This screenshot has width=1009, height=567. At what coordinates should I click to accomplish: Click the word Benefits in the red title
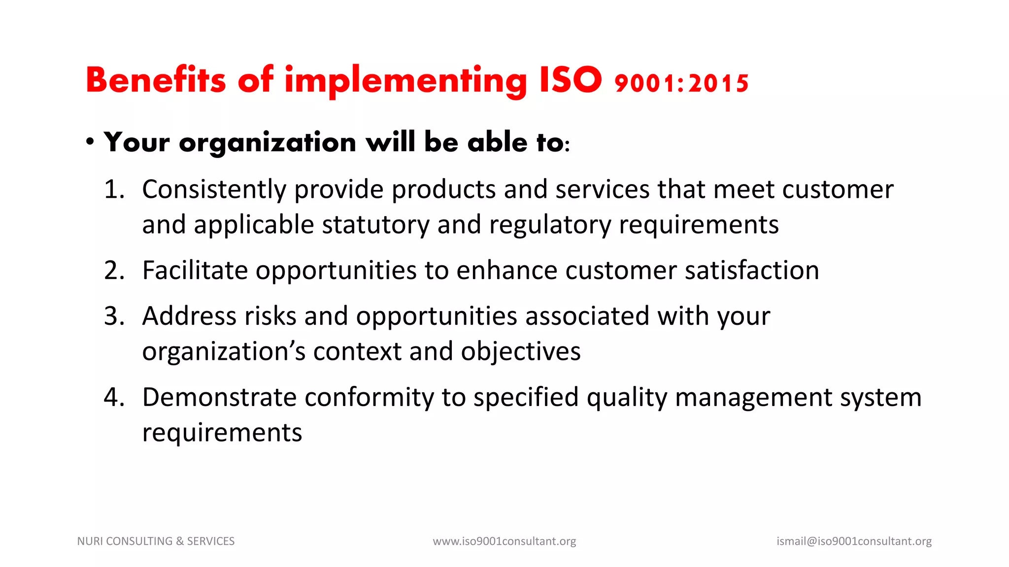pos(155,80)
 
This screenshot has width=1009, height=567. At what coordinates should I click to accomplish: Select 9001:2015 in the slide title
pos(682,83)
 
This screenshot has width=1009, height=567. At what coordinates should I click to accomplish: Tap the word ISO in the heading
pos(571,80)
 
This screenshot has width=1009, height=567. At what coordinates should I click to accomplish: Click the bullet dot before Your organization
pos(90,142)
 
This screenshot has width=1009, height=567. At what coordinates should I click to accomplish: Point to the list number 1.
pos(114,189)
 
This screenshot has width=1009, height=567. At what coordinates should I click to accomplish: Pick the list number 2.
pos(114,270)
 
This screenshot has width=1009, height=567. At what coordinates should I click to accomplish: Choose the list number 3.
pos(114,316)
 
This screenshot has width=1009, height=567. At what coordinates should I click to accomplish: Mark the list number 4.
pos(114,397)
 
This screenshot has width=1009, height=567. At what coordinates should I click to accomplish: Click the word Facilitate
pos(195,270)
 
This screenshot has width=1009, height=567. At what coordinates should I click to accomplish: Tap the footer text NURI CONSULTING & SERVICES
pos(156,541)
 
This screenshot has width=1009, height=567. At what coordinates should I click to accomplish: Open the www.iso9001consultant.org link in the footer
pos(504,541)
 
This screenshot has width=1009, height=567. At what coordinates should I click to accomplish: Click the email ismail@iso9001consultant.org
pos(854,541)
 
